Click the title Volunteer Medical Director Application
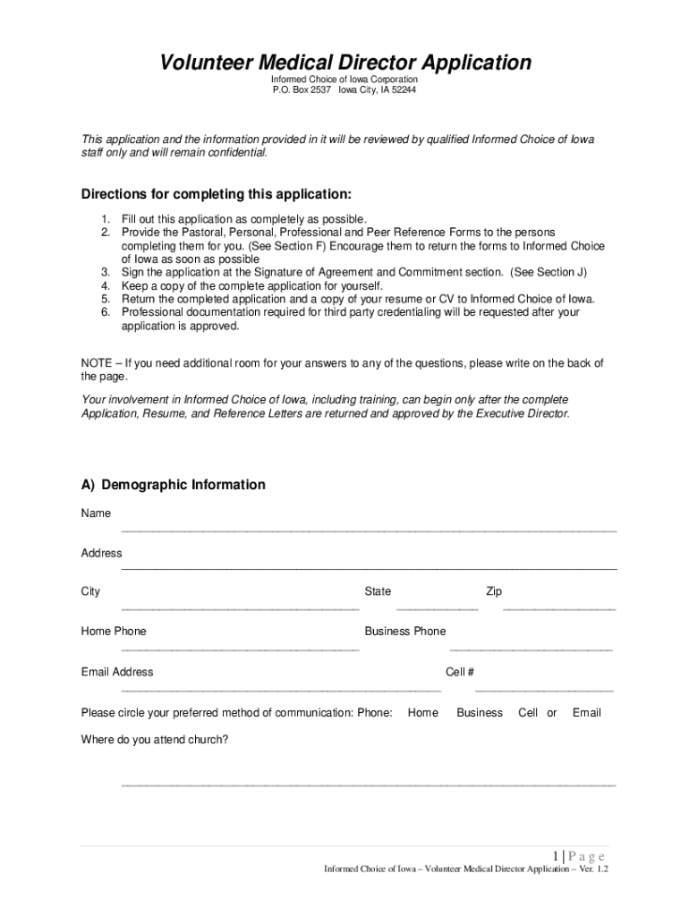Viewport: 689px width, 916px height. coord(344,63)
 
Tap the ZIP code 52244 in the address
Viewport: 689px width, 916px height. coord(403,90)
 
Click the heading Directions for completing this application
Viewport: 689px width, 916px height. coord(216,195)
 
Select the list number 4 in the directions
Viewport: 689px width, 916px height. coord(105,285)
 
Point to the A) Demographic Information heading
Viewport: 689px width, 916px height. coord(173,485)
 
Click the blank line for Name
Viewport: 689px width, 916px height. coord(369,531)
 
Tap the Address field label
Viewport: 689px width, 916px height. coord(101,554)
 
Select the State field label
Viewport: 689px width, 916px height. coord(378,591)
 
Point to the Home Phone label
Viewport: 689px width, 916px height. coord(114,632)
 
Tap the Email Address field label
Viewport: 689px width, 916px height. coord(117,672)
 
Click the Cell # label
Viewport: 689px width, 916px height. coord(460,672)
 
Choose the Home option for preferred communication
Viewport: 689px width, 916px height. coord(423,713)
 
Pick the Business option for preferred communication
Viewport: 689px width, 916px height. coord(480,713)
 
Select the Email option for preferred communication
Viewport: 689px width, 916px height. coord(587,713)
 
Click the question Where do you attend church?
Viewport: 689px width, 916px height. coord(155,740)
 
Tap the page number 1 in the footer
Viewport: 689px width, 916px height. coord(557,856)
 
